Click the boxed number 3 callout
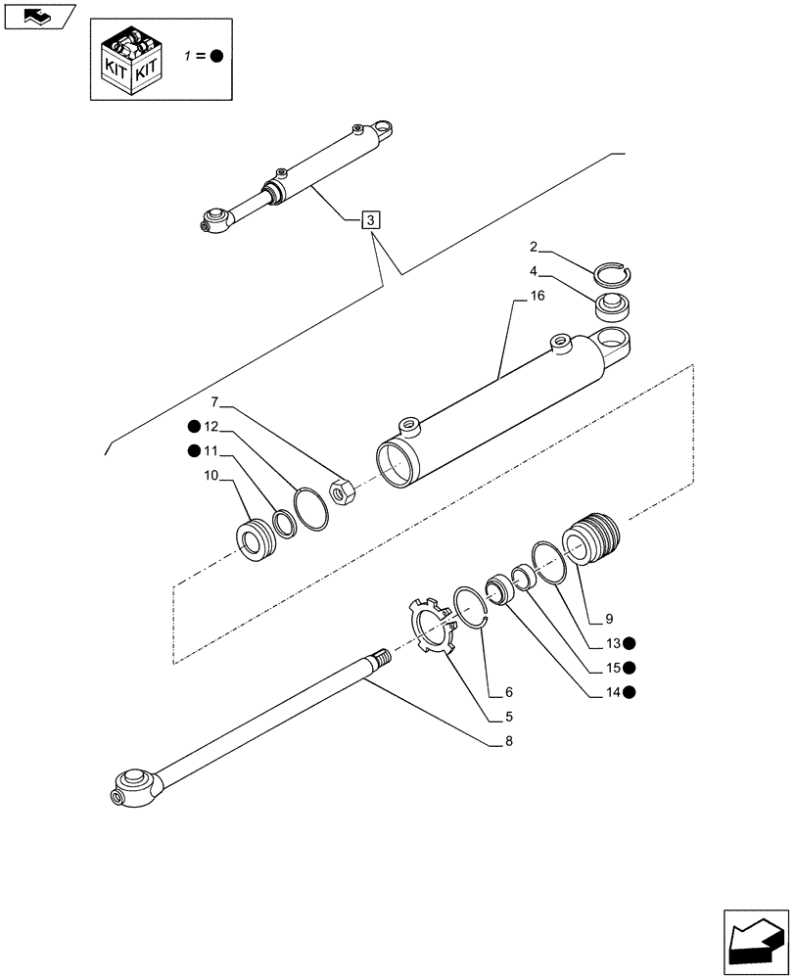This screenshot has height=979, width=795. click(x=370, y=220)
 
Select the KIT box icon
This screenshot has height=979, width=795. click(x=132, y=58)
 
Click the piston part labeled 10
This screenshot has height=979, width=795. click(x=257, y=539)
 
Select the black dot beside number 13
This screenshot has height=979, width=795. click(x=630, y=643)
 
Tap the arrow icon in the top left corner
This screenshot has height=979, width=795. click(x=38, y=16)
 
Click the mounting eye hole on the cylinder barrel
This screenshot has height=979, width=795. click(x=616, y=343)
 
